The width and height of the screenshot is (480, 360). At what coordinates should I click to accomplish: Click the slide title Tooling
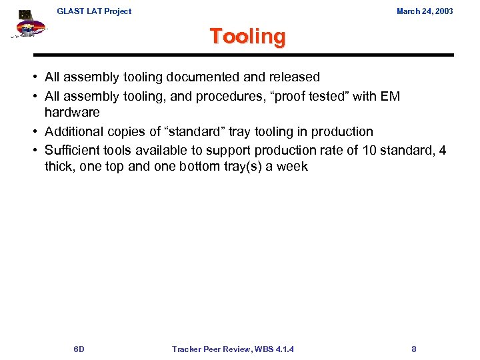point(247,36)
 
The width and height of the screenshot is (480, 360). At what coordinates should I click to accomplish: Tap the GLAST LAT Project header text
point(94,11)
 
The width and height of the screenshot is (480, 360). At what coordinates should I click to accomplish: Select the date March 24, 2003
point(425,11)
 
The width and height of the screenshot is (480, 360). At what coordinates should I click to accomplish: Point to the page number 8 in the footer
point(414,349)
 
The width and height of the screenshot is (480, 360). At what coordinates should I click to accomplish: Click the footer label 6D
point(79,349)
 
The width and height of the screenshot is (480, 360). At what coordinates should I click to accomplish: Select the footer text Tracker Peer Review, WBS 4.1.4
point(233,349)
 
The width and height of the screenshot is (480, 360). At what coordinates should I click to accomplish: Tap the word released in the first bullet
point(295,77)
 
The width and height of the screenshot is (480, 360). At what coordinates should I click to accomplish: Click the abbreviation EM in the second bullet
point(390,97)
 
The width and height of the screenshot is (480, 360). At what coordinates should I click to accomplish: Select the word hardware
point(72,112)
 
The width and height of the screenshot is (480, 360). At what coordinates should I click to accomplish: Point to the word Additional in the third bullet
point(75,131)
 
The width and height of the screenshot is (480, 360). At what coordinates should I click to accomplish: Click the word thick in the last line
point(60,166)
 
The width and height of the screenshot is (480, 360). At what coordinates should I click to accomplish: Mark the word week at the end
point(292,166)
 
